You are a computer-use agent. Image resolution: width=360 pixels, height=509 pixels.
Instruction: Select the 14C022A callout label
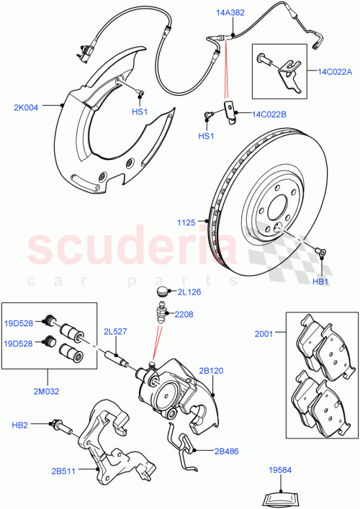click(333, 71)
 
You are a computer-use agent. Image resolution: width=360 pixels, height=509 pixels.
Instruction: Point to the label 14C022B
click(269, 114)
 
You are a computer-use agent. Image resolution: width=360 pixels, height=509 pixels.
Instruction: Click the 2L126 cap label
click(190, 293)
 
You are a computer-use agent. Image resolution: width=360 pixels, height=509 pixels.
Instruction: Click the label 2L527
click(115, 331)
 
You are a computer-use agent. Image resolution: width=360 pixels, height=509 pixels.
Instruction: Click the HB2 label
click(20, 426)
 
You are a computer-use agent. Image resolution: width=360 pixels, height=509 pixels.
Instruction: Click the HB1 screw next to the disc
click(320, 251)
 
